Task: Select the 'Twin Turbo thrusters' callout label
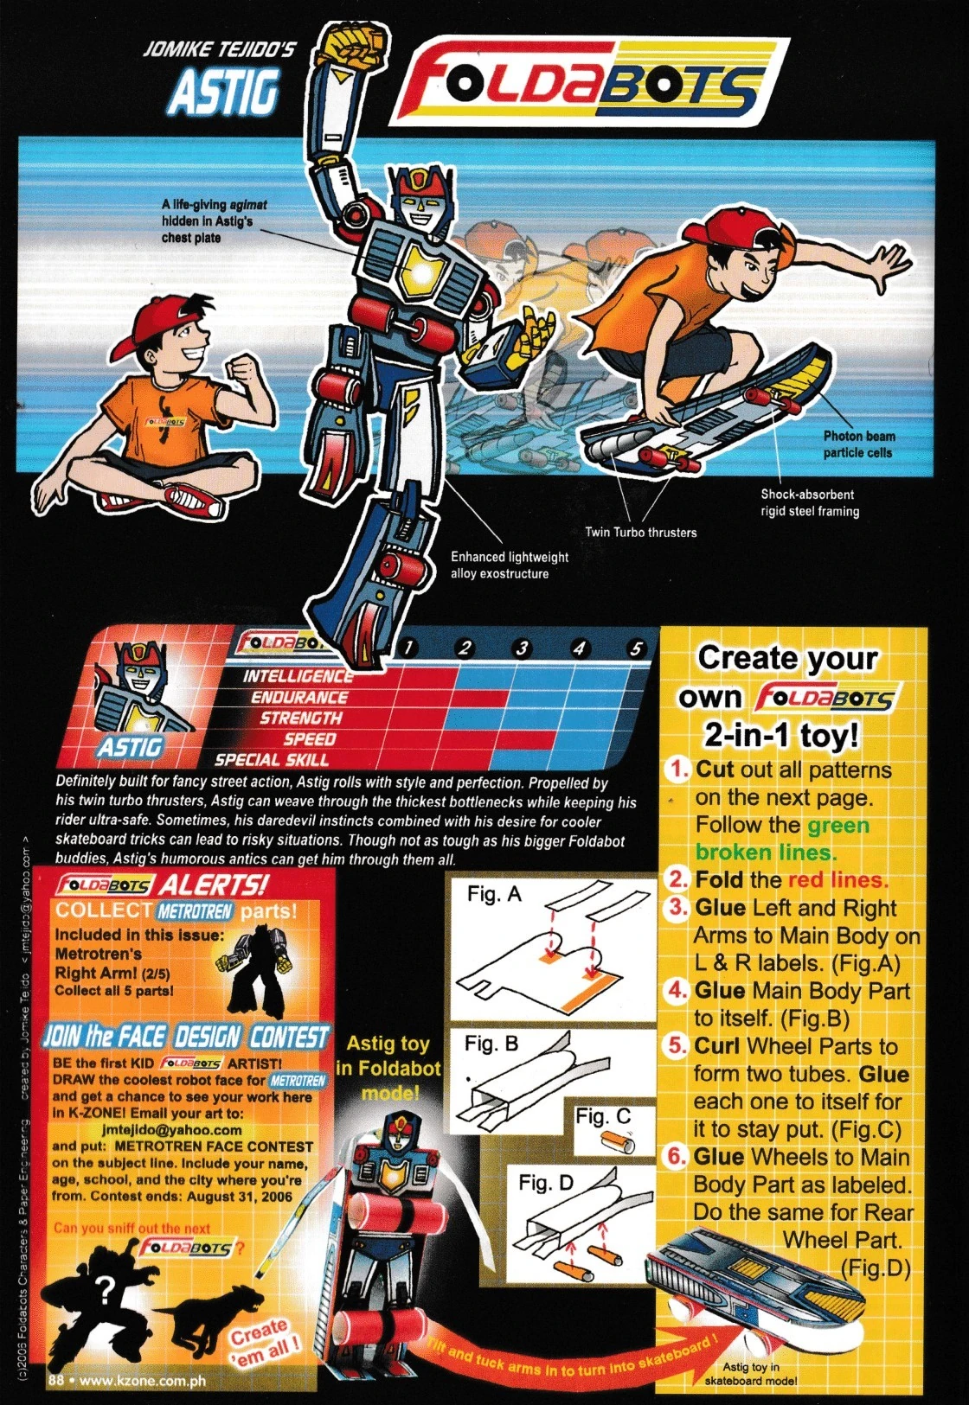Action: pyautogui.click(x=640, y=532)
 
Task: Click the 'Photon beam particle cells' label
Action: pyautogui.click(x=857, y=444)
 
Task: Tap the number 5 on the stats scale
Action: pyautogui.click(x=636, y=648)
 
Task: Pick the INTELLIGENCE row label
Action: pyautogui.click(x=297, y=676)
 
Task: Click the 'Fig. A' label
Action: pyautogui.click(x=494, y=894)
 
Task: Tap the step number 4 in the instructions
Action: pyautogui.click(x=677, y=990)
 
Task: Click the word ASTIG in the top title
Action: pyautogui.click(x=224, y=91)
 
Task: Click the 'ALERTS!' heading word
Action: pyautogui.click(x=215, y=885)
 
